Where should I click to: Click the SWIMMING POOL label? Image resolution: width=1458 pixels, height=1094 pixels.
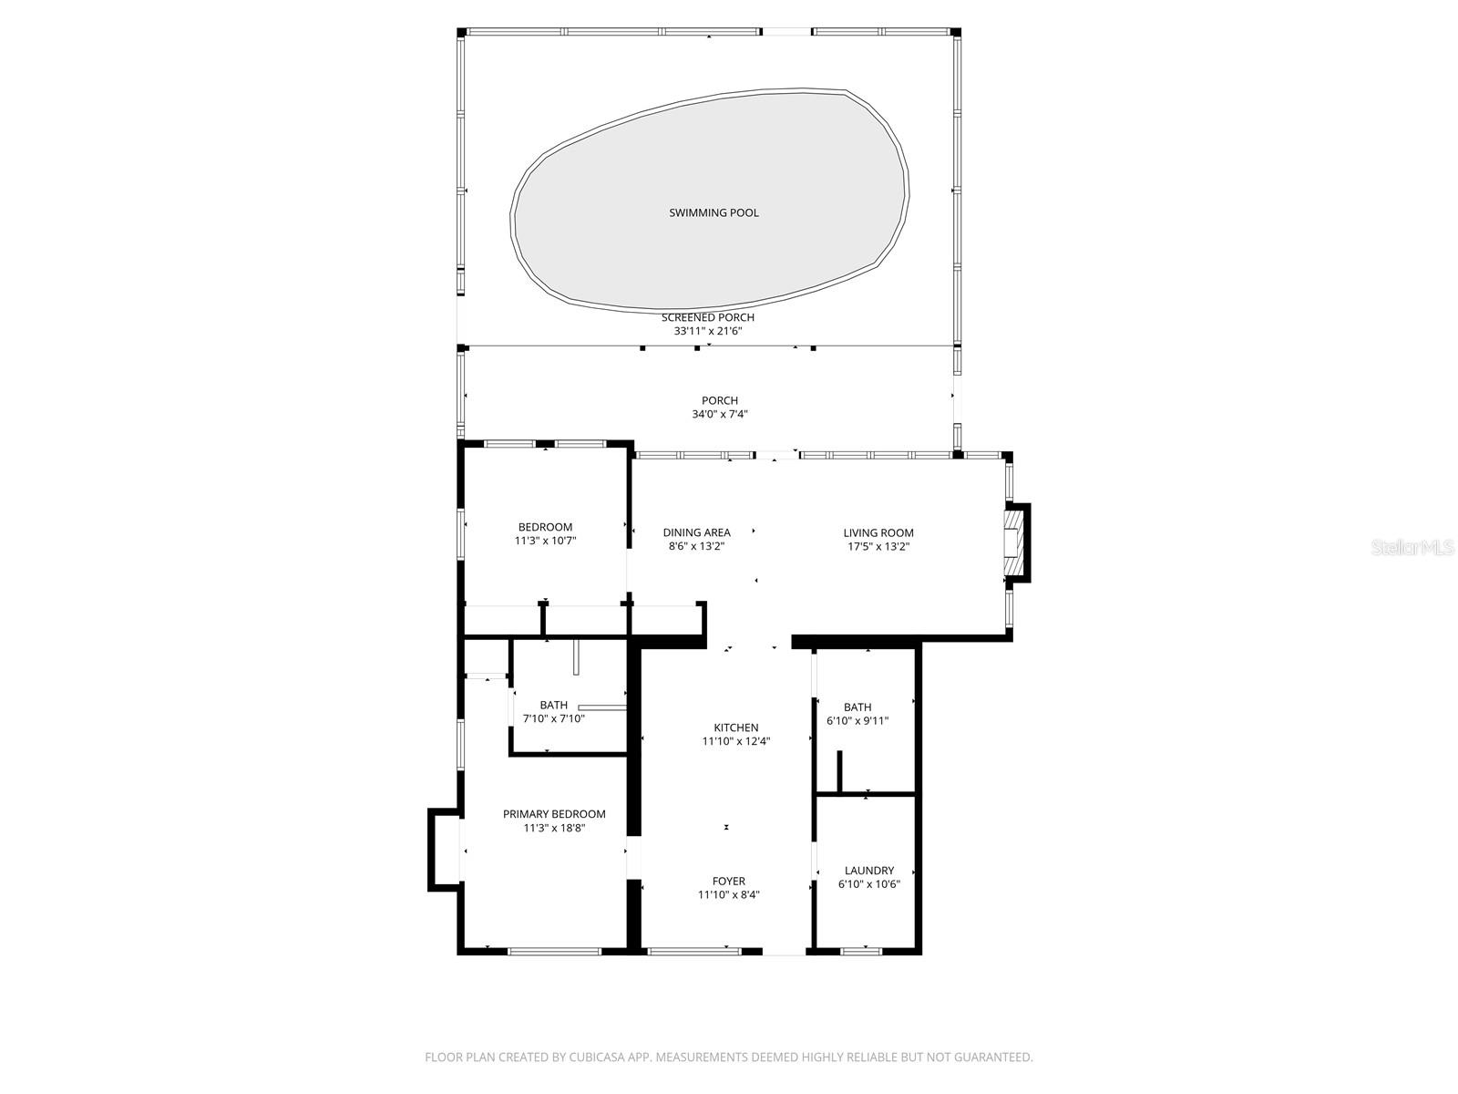(714, 212)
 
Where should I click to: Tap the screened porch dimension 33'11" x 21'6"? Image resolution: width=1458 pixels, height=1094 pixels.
(708, 332)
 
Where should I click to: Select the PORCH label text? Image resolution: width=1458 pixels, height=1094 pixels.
(719, 400)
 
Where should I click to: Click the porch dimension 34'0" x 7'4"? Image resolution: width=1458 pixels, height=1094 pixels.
(719, 415)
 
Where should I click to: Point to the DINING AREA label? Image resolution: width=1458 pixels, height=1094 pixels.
(696, 532)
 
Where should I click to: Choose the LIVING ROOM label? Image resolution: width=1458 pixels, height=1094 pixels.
(878, 532)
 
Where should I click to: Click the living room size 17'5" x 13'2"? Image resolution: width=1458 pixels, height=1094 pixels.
(878, 547)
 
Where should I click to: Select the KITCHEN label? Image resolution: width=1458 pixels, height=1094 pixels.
(735, 728)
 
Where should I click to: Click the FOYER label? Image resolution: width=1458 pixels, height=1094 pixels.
(728, 881)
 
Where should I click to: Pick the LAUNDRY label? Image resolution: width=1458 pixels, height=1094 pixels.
(868, 871)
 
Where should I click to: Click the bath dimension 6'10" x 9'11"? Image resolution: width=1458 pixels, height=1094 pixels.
(857, 721)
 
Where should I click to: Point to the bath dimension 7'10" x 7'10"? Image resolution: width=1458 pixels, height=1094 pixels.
(553, 718)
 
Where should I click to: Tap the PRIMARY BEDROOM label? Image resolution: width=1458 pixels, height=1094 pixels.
(554, 814)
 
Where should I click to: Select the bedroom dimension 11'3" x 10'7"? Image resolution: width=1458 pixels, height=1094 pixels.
(545, 541)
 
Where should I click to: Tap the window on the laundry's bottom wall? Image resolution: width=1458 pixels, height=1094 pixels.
(861, 951)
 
